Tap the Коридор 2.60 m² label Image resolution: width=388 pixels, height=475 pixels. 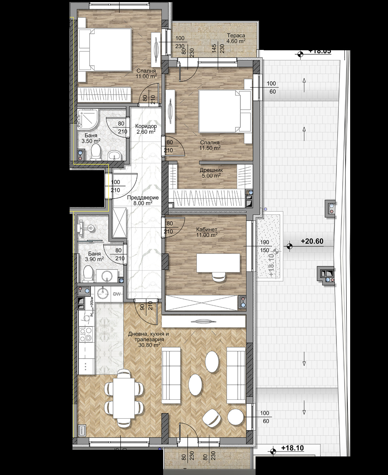click(146, 129)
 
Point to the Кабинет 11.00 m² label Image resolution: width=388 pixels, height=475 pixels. click(207, 232)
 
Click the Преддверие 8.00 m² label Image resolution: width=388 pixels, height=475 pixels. click(143, 200)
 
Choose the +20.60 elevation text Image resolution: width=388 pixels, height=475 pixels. click(312, 241)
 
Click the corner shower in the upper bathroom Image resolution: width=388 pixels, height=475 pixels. click(87, 119)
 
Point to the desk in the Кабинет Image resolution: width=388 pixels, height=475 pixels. click(218, 263)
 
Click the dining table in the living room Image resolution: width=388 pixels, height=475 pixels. click(124, 398)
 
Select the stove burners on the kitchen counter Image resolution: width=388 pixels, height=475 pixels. click(86, 335)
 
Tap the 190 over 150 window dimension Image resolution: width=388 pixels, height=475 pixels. click(264, 246)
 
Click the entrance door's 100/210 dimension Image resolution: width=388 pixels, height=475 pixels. click(116, 186)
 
